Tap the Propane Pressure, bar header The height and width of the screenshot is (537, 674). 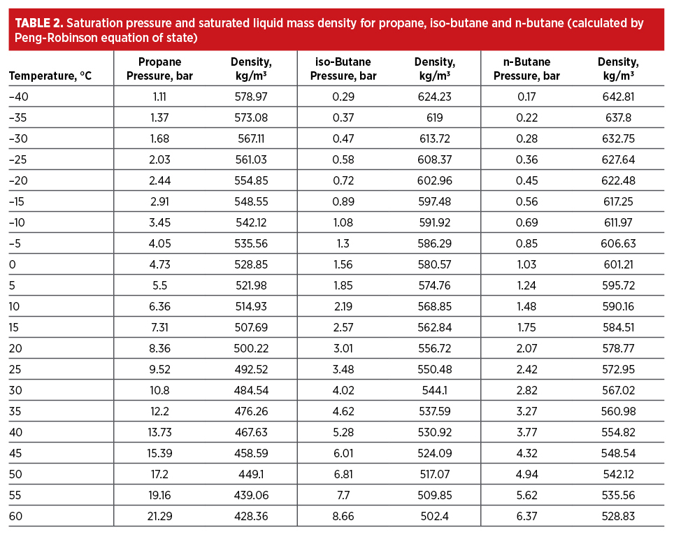click(x=159, y=69)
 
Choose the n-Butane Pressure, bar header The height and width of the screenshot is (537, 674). click(x=526, y=69)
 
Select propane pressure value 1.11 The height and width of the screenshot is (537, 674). click(x=159, y=96)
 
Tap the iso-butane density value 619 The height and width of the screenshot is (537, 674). click(x=434, y=117)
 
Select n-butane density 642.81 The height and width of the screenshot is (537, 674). click(x=618, y=96)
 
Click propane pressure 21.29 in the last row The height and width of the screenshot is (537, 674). click(x=159, y=516)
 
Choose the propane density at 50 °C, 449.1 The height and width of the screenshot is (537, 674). click(x=252, y=474)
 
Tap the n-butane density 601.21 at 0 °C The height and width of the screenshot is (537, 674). click(x=618, y=264)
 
